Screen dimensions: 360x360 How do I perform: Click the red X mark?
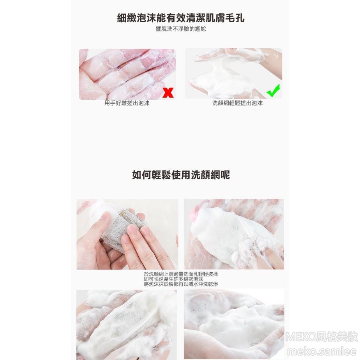[x=168, y=92]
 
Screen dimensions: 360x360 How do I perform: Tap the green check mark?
[x=273, y=91]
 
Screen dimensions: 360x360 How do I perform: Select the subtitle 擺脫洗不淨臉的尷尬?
[x=181, y=29]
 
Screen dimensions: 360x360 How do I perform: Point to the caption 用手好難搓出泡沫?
[x=127, y=103]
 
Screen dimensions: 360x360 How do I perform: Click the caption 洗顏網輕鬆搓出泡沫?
[x=237, y=103]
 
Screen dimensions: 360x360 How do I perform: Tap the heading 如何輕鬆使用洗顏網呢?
[x=181, y=175]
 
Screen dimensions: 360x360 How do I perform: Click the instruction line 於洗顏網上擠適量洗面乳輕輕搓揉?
[x=181, y=274]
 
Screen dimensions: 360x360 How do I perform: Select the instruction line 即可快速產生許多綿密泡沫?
[x=174, y=279]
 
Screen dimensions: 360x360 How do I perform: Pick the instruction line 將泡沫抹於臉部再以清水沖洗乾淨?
[x=181, y=284]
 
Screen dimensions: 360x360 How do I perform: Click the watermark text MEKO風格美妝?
[x=322, y=337]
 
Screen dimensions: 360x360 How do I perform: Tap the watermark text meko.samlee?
[x=322, y=351]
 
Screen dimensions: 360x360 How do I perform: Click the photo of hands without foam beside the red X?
[x=127, y=74]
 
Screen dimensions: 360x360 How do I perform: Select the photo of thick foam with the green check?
[x=233, y=74]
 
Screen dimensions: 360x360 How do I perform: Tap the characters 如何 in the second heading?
[x=142, y=175]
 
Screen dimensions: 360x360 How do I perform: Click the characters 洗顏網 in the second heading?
[x=205, y=175]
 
